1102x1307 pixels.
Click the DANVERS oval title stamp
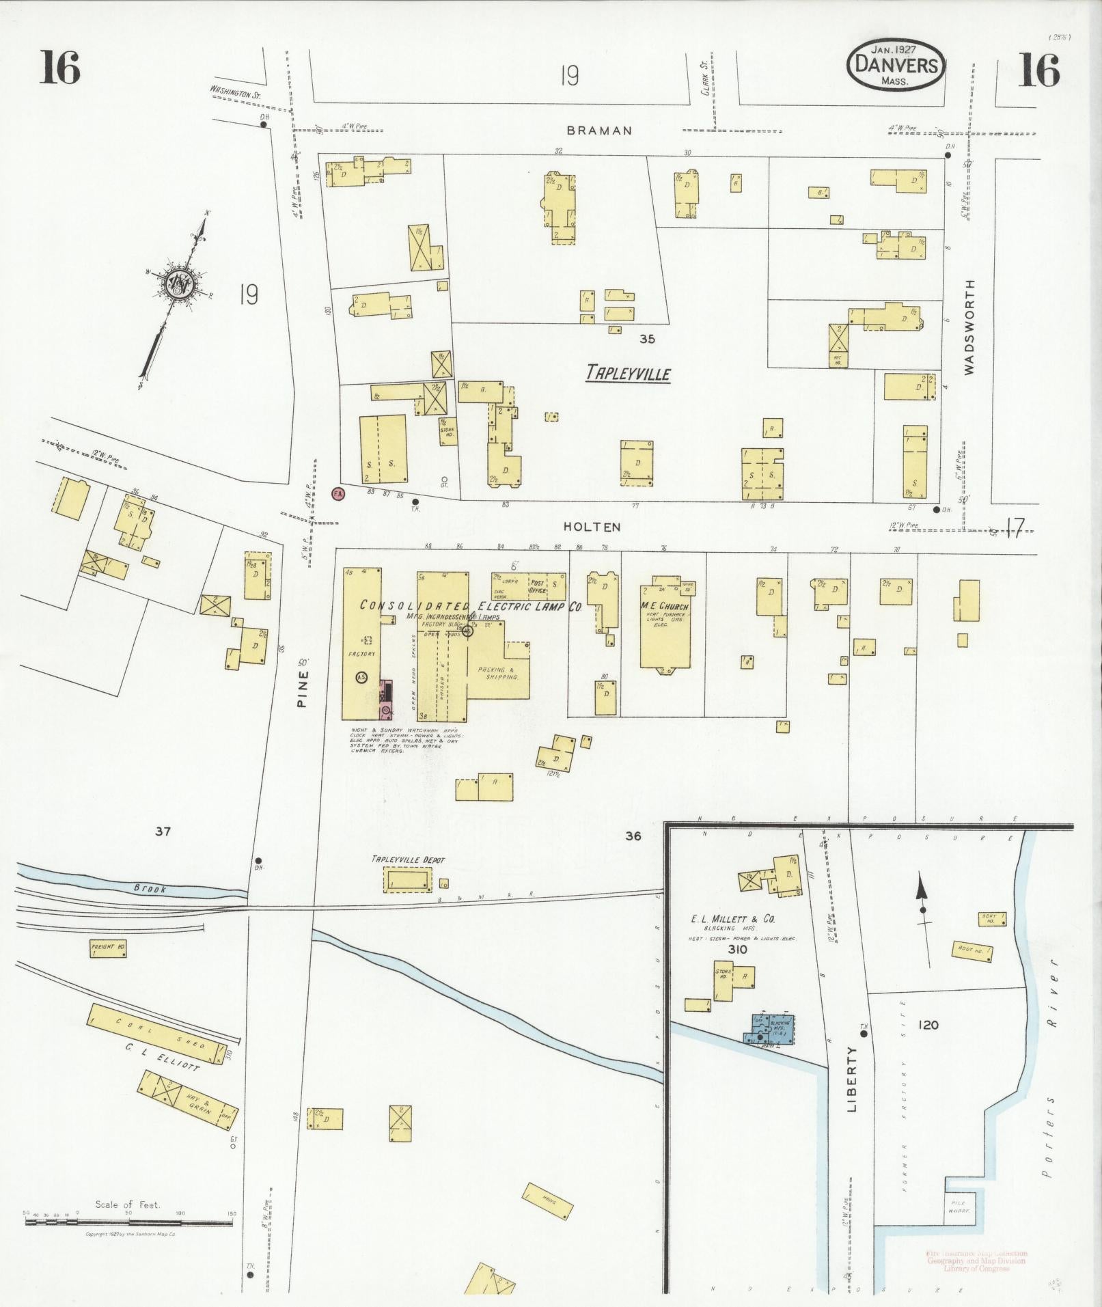point(896,65)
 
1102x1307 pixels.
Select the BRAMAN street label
point(599,130)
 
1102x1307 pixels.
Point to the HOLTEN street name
point(592,527)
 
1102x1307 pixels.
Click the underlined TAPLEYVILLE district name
point(628,374)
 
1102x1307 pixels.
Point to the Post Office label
point(537,587)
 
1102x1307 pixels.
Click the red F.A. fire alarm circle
point(338,493)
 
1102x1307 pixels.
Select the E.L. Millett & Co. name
point(732,919)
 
